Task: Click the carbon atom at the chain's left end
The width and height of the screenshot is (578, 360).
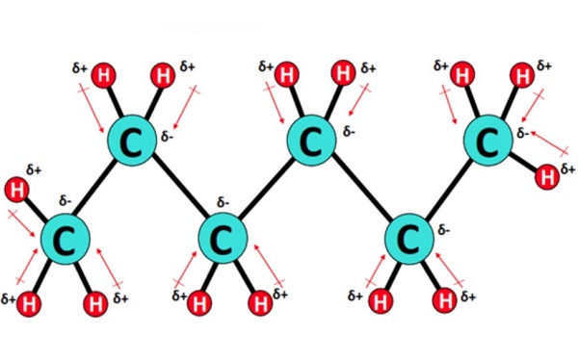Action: click(x=66, y=236)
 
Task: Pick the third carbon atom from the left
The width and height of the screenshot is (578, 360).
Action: click(x=223, y=236)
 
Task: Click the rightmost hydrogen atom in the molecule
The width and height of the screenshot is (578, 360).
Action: click(x=547, y=175)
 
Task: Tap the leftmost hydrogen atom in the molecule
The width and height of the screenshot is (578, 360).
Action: click(x=16, y=188)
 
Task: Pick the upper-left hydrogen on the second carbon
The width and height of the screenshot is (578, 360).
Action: click(x=105, y=74)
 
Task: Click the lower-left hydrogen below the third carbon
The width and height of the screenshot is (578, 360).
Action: click(x=197, y=305)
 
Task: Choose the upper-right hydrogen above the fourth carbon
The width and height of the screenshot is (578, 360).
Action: click(x=342, y=73)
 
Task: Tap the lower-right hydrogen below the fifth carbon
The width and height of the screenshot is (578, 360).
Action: click(x=444, y=302)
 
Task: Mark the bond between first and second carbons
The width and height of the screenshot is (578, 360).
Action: click(x=97, y=190)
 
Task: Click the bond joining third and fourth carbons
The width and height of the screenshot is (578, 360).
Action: click(x=267, y=190)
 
